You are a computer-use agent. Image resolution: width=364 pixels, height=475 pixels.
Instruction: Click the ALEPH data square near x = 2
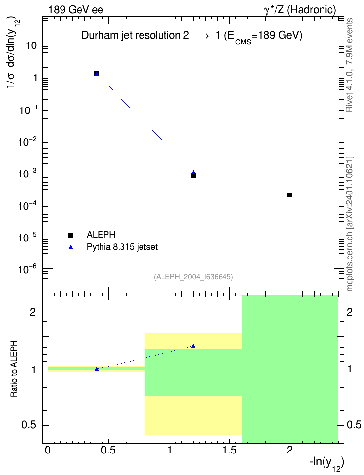point(289,195)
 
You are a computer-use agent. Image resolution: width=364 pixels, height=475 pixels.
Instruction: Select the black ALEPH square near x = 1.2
point(193,176)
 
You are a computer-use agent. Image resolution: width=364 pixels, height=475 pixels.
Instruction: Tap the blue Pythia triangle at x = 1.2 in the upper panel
point(193,173)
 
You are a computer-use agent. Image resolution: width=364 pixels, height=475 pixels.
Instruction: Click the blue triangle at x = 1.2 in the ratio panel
point(193,346)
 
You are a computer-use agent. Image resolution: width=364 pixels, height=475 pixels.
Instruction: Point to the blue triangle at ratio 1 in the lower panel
point(97,369)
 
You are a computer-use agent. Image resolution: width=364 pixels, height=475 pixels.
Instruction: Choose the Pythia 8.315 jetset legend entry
point(108,247)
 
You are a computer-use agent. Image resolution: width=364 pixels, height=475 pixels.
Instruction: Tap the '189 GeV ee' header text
point(76,10)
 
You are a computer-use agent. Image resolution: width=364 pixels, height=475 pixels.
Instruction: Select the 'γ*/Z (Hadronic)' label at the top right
point(300,10)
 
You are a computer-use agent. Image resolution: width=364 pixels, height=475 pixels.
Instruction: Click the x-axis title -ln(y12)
point(326,463)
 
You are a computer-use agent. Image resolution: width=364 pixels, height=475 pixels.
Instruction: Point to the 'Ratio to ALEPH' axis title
point(14,368)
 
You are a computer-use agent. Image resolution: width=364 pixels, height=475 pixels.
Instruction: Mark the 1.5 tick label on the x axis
point(229,450)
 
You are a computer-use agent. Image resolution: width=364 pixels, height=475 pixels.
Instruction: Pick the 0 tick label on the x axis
point(48,450)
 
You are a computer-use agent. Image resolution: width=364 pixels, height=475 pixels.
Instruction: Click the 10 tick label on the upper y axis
point(31,45)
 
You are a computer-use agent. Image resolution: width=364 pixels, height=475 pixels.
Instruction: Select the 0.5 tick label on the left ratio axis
point(29,425)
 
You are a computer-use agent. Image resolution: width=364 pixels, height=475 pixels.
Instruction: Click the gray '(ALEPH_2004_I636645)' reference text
point(193,277)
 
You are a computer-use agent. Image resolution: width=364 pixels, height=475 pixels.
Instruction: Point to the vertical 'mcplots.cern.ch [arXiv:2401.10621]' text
point(349,224)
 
